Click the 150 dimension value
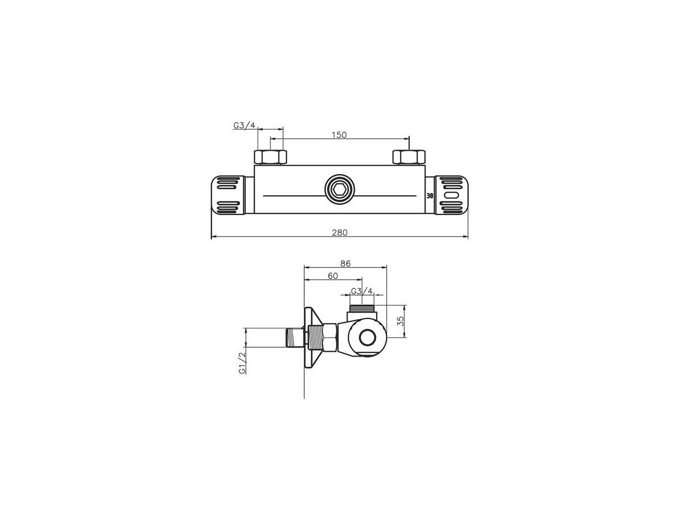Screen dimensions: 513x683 (339, 135)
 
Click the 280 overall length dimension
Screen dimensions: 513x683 (340, 233)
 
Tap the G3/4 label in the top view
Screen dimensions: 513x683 (245, 126)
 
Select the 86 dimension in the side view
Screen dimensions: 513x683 (345, 264)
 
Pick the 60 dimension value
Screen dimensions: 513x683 (333, 276)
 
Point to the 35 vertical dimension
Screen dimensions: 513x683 (400, 321)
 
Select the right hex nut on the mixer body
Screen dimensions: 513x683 (409, 157)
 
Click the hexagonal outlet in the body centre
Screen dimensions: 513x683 (339, 189)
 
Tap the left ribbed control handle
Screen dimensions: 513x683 (228, 195)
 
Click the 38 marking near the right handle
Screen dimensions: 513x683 (430, 197)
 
